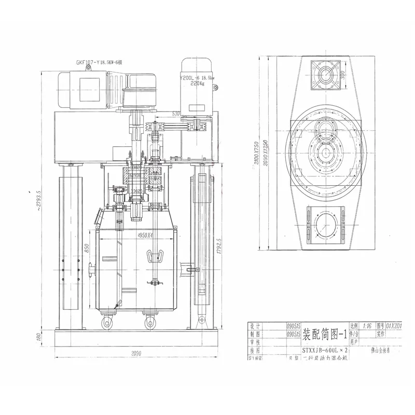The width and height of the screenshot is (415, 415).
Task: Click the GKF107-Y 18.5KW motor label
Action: [99, 63]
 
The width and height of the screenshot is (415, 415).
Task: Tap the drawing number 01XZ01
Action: [398, 326]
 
